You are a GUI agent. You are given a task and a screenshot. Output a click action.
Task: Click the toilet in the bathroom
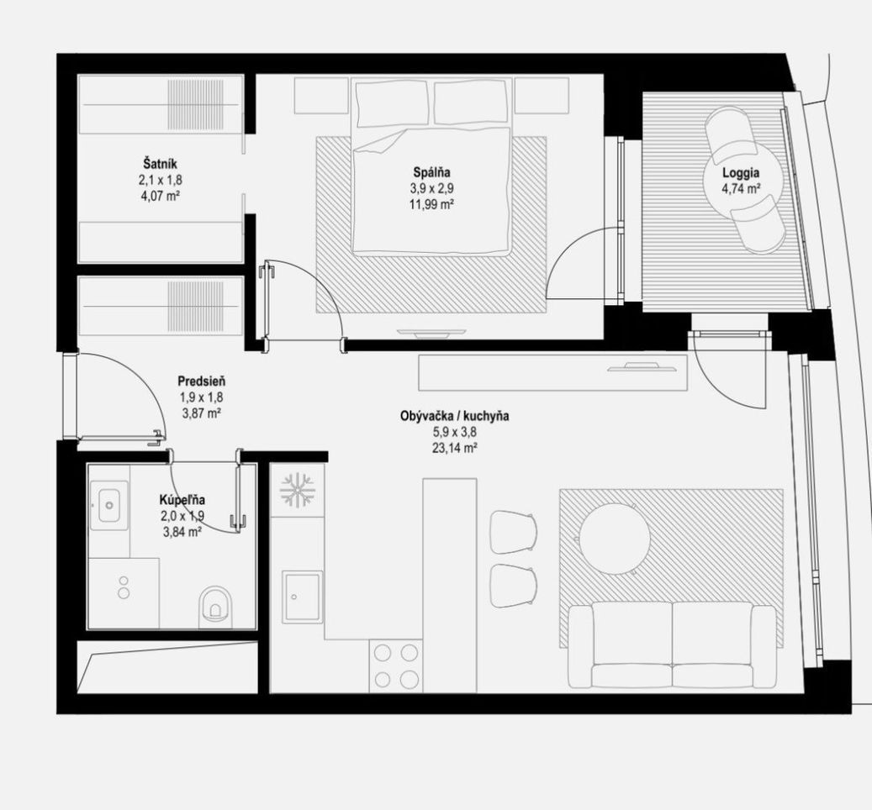coord(215,604)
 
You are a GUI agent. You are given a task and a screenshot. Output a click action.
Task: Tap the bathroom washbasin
coord(109,505)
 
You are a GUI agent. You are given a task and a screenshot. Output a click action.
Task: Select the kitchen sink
coord(302,597)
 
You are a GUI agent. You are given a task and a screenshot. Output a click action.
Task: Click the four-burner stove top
coord(396,665)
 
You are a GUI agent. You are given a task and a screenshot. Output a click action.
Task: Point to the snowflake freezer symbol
coord(298,491)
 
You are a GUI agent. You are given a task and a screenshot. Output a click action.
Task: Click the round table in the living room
coord(615,539)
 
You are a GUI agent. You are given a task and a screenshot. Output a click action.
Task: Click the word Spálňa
coord(431,172)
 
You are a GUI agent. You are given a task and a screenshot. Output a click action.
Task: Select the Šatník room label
coord(160,164)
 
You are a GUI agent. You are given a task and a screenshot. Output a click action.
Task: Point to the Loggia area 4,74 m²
coord(742,188)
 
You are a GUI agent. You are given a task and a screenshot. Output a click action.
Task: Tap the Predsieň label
coord(201,381)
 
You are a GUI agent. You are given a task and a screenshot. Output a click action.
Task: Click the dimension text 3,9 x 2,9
coord(431,188)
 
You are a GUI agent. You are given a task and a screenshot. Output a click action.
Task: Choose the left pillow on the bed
coord(392,104)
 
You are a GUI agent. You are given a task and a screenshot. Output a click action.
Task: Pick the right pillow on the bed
coord(472,103)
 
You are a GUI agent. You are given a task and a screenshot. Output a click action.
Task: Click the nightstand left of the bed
coord(321,96)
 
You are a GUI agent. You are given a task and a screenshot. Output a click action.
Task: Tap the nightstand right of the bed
coord(542,96)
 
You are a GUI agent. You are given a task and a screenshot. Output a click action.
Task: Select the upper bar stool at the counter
coord(513,532)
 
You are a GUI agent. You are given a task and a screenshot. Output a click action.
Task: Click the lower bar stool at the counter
coord(513,586)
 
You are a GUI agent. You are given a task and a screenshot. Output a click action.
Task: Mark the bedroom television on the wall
coord(431,333)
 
